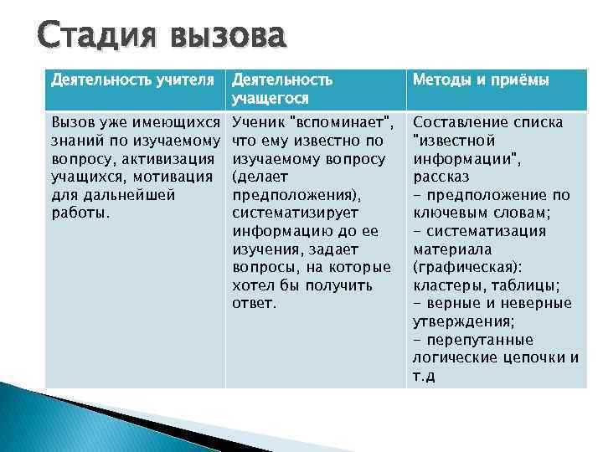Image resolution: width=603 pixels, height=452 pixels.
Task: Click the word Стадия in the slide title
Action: click(x=90, y=38)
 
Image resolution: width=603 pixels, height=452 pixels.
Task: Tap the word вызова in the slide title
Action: click(x=227, y=38)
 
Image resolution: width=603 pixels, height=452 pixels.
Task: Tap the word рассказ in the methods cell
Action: click(x=441, y=177)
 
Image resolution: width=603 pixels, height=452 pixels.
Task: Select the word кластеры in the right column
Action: click(x=446, y=285)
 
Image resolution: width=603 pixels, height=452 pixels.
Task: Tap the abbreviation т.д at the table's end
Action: click(x=424, y=376)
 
